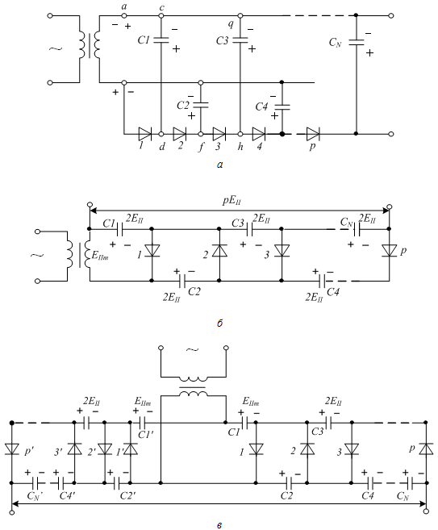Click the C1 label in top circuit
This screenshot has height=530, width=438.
coord(144,40)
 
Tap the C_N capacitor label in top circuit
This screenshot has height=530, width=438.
coord(336,43)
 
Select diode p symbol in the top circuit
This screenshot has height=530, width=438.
coord(313,134)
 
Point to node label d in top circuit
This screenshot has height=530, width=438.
coord(162,146)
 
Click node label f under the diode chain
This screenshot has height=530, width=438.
coord(202,147)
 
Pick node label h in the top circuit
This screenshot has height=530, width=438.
coord(240,146)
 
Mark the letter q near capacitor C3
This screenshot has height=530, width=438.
coord(231,23)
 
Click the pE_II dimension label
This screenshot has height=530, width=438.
coord(232,201)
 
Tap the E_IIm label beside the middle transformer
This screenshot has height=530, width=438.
coord(100,255)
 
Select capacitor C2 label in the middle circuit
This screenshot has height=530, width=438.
coord(194,291)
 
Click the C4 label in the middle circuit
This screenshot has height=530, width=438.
coord(333,291)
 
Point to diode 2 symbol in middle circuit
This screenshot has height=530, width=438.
coord(219,250)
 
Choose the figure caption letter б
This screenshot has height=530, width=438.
coord(219,323)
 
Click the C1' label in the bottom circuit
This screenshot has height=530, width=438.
coord(146,434)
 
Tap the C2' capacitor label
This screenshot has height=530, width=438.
coord(127,496)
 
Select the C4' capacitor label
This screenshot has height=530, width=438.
coord(67,496)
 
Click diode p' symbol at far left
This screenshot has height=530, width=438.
coord(12,449)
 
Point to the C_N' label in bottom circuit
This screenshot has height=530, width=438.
coord(35,496)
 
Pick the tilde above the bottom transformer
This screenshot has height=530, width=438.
coord(192,350)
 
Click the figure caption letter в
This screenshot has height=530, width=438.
coord(219,525)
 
